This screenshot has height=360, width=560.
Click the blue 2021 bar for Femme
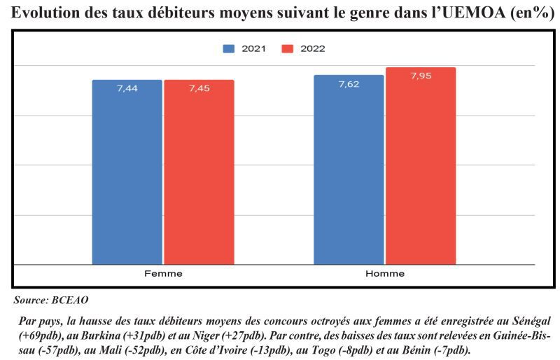pyautogui.click(x=127, y=175)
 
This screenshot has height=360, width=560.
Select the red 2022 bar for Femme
pyautogui.click(x=199, y=175)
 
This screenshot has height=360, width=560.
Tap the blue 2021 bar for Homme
pyautogui.click(x=349, y=172)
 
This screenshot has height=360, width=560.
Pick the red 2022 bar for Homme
pyautogui.click(x=421, y=168)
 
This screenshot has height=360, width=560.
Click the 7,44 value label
pyautogui.click(x=127, y=88)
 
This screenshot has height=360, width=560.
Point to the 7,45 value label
pyautogui.click(x=199, y=88)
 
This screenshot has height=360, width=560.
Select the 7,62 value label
pyautogui.click(x=349, y=84)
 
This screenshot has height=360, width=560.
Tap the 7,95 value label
pyautogui.click(x=421, y=76)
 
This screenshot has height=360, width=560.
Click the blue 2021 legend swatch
pyautogui.click(x=229, y=49)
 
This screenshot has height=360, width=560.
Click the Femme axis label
pyautogui.click(x=163, y=273)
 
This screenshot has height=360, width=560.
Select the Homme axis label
pyautogui.click(x=385, y=273)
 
